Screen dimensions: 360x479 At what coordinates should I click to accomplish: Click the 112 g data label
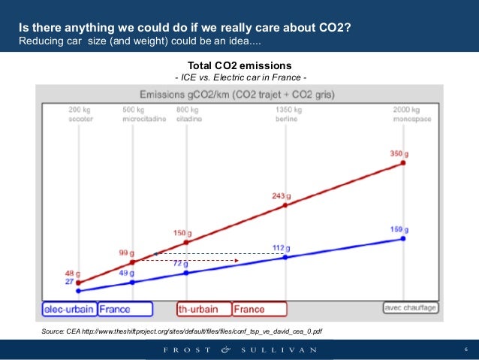point(282,248)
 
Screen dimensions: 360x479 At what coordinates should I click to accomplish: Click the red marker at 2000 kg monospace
point(403,162)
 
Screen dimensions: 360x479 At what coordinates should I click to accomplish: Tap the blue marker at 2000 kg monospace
point(403,238)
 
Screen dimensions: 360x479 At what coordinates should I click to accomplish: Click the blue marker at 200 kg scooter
point(78,290)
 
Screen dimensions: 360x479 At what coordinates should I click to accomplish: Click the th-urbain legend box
point(203,309)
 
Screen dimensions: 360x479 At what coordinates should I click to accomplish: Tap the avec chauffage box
point(410,307)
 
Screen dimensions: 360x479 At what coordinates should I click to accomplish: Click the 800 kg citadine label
point(188,114)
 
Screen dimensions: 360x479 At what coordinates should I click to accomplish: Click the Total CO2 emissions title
point(239,65)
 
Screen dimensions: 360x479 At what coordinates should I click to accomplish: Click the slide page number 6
point(465,349)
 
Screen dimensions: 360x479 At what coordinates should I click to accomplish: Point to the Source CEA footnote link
point(182,331)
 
